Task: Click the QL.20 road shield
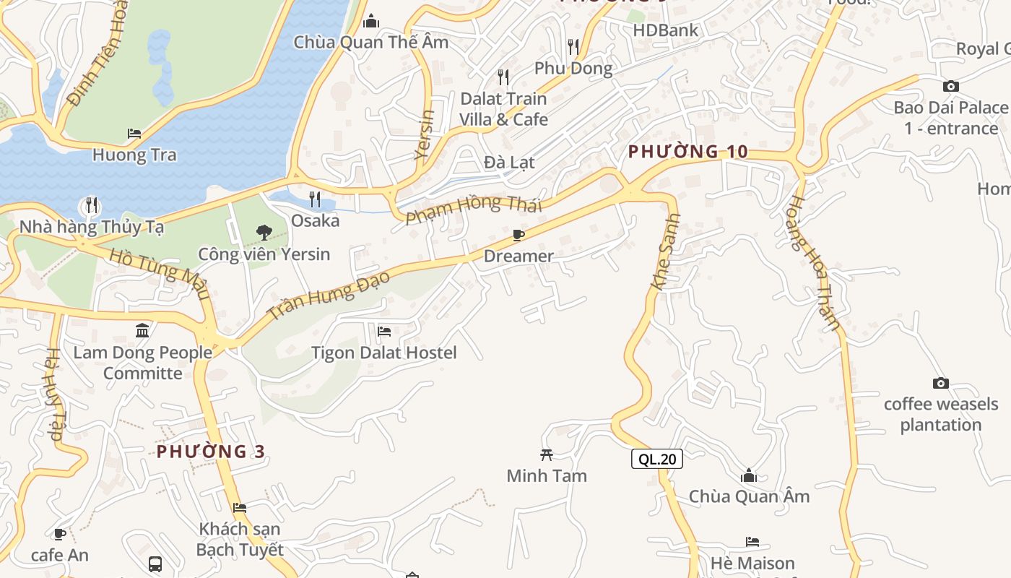click(x=656, y=459)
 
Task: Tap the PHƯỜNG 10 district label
click(x=687, y=152)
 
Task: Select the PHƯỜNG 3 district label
click(x=211, y=452)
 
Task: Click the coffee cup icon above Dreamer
click(x=518, y=235)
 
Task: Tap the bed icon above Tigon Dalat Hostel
click(x=384, y=332)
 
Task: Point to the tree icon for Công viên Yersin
click(x=264, y=233)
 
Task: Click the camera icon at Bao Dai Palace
click(x=951, y=87)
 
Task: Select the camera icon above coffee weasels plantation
click(x=940, y=383)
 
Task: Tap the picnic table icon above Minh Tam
click(x=547, y=454)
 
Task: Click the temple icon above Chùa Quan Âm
click(x=749, y=475)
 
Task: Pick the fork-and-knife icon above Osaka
click(x=315, y=199)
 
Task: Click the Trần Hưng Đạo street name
click(x=329, y=295)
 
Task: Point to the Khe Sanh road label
click(x=666, y=251)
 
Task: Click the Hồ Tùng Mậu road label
click(x=160, y=274)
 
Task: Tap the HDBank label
click(x=665, y=30)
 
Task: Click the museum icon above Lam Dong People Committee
click(x=143, y=331)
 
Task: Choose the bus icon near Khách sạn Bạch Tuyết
click(x=155, y=564)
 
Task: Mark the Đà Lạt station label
click(x=509, y=163)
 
